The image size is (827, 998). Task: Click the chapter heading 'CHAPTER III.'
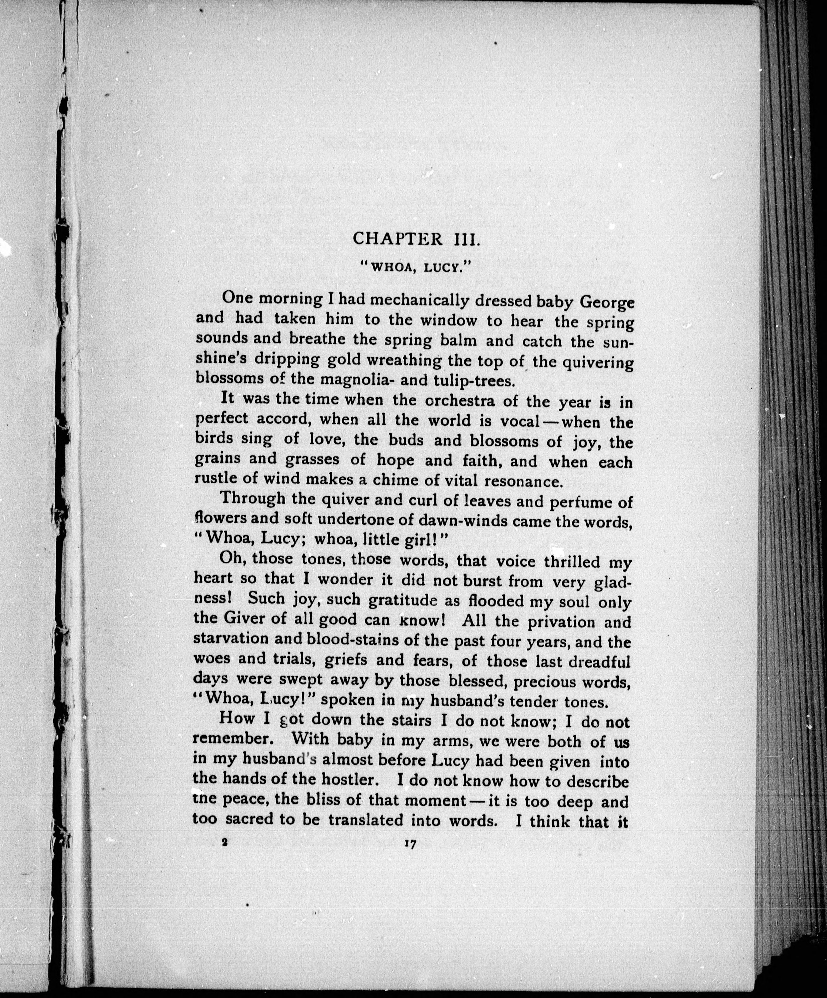coord(417,238)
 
